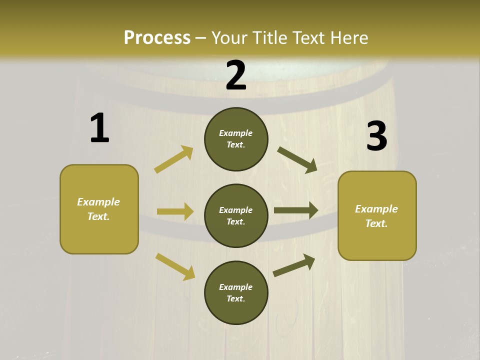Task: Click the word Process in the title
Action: click(x=157, y=37)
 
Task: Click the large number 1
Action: click(x=99, y=128)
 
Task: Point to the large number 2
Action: click(x=236, y=75)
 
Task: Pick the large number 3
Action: click(x=376, y=136)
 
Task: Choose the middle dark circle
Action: click(x=236, y=215)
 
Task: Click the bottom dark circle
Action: click(x=236, y=292)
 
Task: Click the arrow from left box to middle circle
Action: click(x=175, y=211)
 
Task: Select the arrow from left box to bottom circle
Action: click(x=175, y=266)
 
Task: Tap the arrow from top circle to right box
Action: click(x=297, y=159)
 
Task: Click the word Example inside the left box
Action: click(x=98, y=202)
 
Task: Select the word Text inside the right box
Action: click(x=376, y=223)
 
